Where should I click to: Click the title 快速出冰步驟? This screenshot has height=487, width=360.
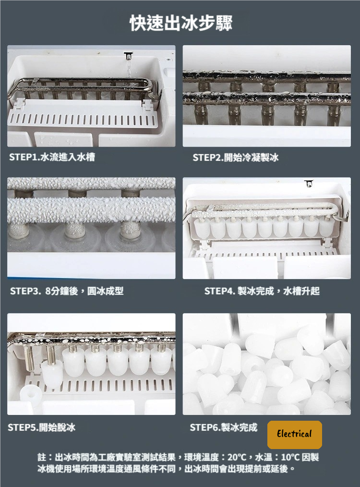coord(181,23)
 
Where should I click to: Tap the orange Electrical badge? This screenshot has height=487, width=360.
coord(295,435)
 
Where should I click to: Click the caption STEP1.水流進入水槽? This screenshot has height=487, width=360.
coord(52,157)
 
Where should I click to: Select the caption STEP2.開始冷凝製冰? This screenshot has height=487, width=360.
coord(236,158)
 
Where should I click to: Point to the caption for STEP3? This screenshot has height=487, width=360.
coord(67,291)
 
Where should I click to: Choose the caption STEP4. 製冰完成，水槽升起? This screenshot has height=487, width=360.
coord(262,291)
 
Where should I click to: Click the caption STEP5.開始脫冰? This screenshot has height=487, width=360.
coord(42,427)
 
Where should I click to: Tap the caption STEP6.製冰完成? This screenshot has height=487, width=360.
coord(224,427)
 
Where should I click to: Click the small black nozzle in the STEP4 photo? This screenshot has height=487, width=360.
coord(309,183)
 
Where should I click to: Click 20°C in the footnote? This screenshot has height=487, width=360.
coord(237,457)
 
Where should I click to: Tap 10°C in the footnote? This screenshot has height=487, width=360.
coord(290,457)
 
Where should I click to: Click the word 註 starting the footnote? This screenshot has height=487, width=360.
coord(42,457)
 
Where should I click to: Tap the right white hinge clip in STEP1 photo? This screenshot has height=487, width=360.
coord(147,105)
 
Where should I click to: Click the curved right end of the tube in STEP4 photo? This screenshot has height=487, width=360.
coord(336,211)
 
